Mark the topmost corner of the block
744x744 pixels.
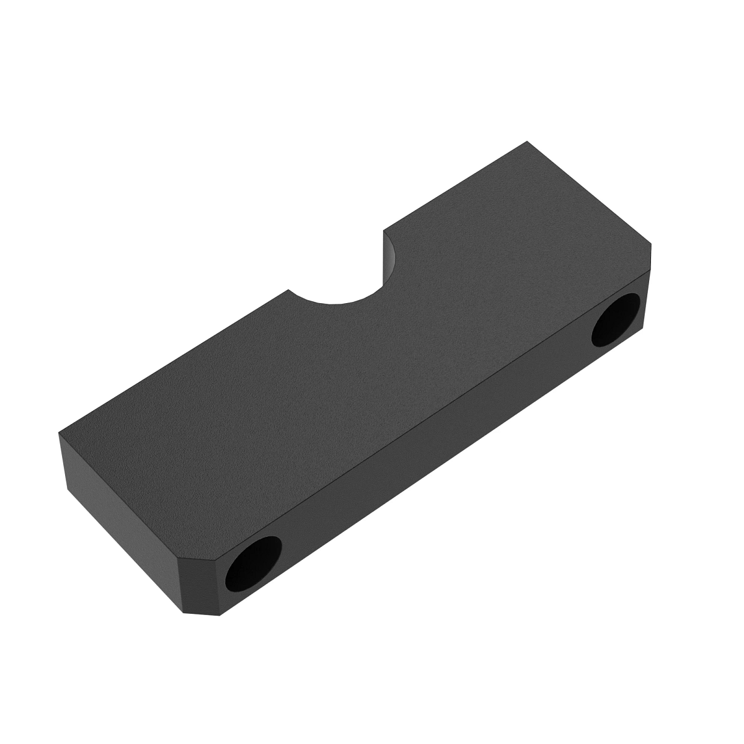(527, 141)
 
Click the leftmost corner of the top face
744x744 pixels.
(60, 433)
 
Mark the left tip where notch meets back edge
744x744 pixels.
(289, 290)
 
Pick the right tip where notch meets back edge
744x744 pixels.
(384, 231)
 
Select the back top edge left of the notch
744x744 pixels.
(174, 361)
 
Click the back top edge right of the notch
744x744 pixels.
(456, 186)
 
